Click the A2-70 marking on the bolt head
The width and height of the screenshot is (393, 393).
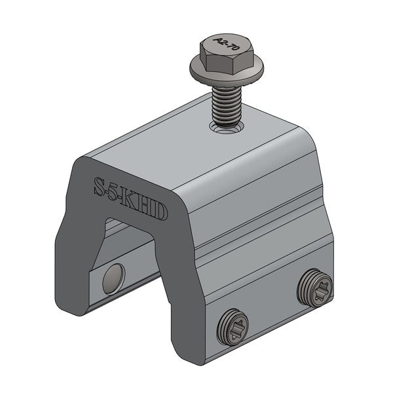228,45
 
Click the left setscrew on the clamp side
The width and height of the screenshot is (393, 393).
234,326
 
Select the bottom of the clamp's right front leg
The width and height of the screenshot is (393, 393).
190,354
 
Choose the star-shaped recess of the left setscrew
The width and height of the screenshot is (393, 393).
234,326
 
